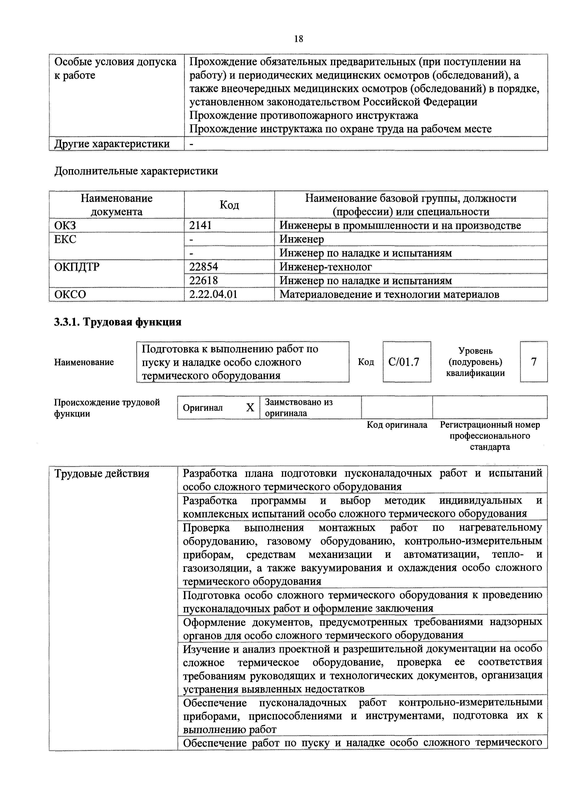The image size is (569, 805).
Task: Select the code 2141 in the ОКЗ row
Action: (x=200, y=225)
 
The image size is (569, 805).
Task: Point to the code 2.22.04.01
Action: (x=213, y=294)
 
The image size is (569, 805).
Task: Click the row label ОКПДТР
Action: (x=77, y=267)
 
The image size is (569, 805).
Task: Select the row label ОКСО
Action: (x=70, y=294)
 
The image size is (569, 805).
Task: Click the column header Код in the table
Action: (x=229, y=205)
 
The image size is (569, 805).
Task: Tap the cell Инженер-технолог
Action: (x=326, y=267)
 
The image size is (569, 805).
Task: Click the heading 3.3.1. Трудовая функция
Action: (x=118, y=322)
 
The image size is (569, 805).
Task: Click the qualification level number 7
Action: (x=534, y=362)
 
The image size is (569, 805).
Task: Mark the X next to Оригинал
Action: (x=250, y=408)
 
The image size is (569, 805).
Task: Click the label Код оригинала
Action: (x=397, y=425)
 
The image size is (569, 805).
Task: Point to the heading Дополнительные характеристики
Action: (x=136, y=171)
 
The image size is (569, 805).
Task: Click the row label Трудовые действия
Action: (x=102, y=474)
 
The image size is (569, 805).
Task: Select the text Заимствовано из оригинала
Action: (x=298, y=407)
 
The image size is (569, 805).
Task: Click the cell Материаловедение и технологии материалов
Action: (x=389, y=294)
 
